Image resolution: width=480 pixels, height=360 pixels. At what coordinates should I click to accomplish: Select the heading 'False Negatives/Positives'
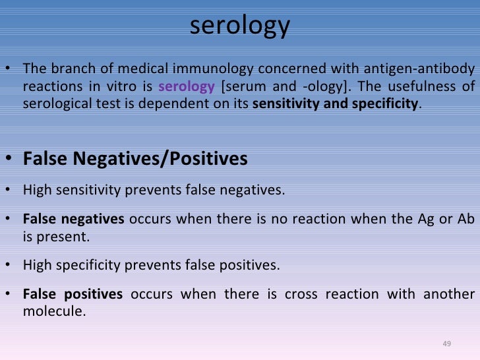pos(135,159)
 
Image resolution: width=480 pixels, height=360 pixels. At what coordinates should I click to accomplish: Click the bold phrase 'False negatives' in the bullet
pos(64,219)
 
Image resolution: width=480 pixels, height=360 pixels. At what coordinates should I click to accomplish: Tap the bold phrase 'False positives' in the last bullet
pos(73,294)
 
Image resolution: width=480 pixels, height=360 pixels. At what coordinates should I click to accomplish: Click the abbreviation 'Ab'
pos(464,219)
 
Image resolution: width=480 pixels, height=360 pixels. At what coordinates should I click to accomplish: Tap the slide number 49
pos(446,344)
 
